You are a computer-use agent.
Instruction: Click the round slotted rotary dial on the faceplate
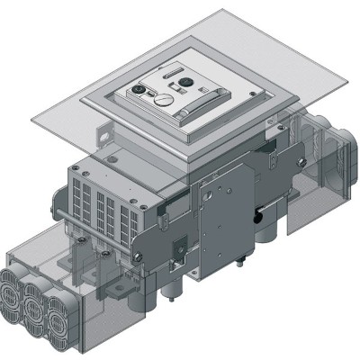click(163, 102)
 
